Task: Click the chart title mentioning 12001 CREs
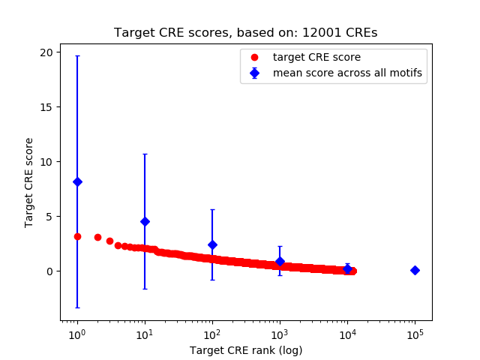pos(245,33)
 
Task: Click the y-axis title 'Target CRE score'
pos(29,182)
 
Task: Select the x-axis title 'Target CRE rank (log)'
pos(245,350)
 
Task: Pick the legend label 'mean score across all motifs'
pos(346,73)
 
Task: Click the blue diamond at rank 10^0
pos(77,181)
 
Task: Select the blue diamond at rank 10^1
pos(145,221)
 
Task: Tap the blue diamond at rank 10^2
pos(212,244)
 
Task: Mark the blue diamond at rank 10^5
pos(415,270)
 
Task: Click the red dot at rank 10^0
pos(77,236)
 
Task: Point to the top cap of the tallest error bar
pos(77,55)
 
